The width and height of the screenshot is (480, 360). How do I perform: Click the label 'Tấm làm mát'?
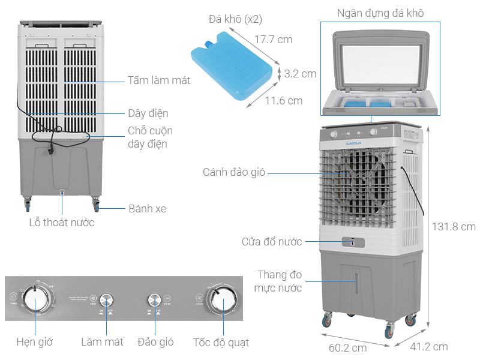(158, 80)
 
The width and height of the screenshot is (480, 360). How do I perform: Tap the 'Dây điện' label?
(148, 113)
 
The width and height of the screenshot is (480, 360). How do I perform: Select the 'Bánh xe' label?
(147, 209)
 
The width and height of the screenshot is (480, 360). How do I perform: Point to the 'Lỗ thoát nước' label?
(62, 223)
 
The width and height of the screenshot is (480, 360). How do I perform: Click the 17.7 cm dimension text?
(273, 40)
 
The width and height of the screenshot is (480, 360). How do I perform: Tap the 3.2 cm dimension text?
(300, 74)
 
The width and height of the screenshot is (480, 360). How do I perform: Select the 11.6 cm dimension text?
(284, 101)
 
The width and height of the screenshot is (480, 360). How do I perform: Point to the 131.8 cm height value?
(454, 227)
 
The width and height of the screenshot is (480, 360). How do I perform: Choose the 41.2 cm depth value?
(429, 347)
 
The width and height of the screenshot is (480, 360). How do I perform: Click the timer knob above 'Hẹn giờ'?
(35, 298)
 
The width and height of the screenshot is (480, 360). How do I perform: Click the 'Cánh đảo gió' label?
(231, 173)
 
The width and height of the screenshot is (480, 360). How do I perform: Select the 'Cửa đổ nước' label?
(272, 242)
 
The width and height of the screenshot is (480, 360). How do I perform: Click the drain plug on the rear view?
(61, 193)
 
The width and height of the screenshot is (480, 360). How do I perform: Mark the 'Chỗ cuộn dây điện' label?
(150, 137)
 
